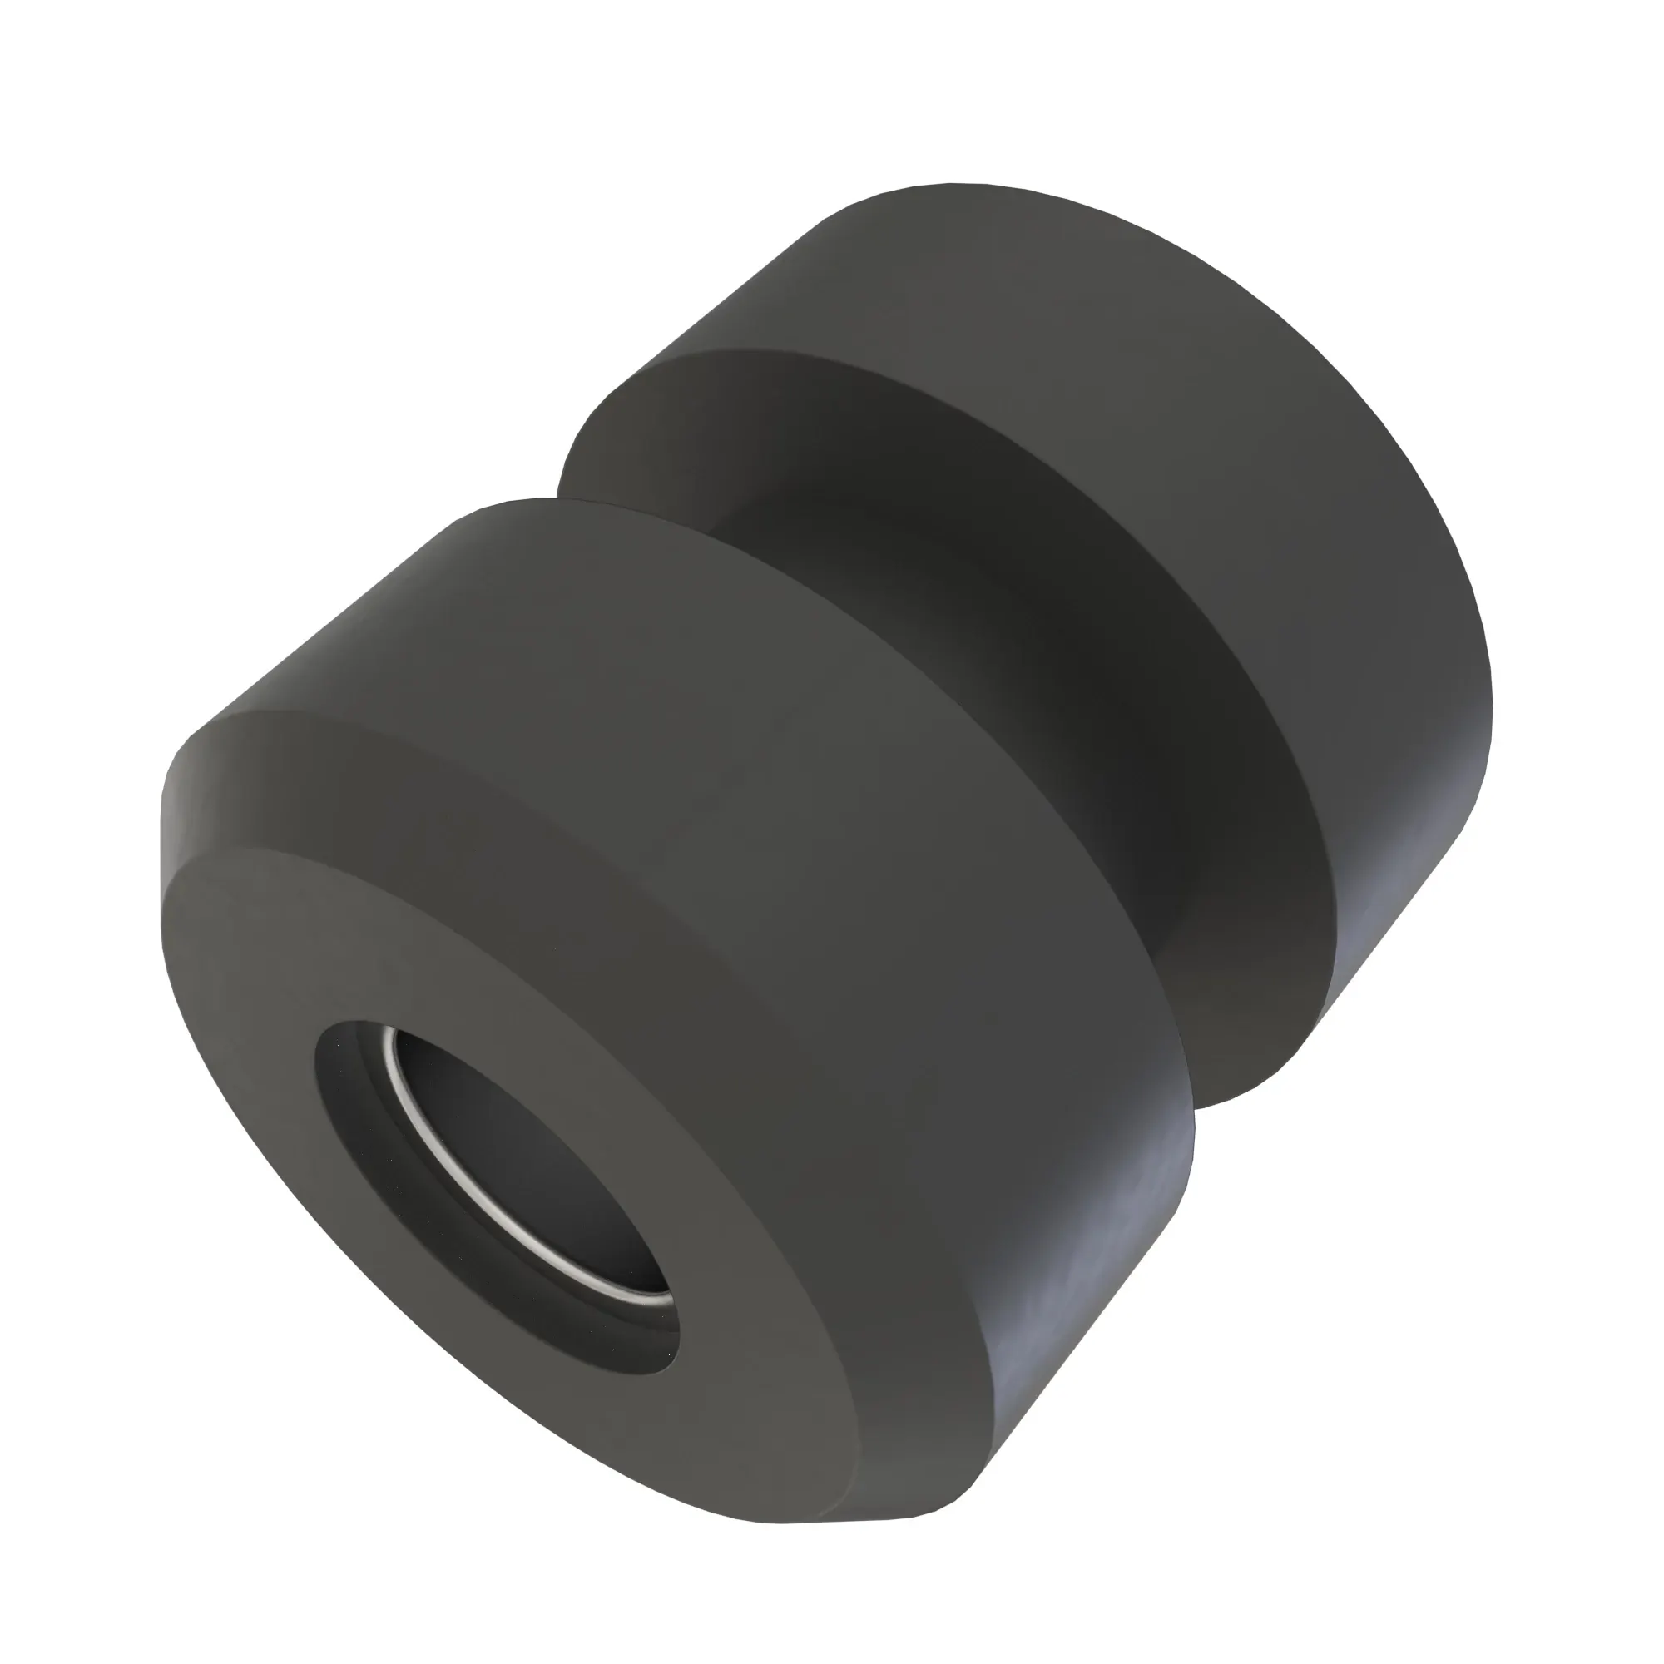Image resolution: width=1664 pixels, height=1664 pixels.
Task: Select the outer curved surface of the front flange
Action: click(775, 775)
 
